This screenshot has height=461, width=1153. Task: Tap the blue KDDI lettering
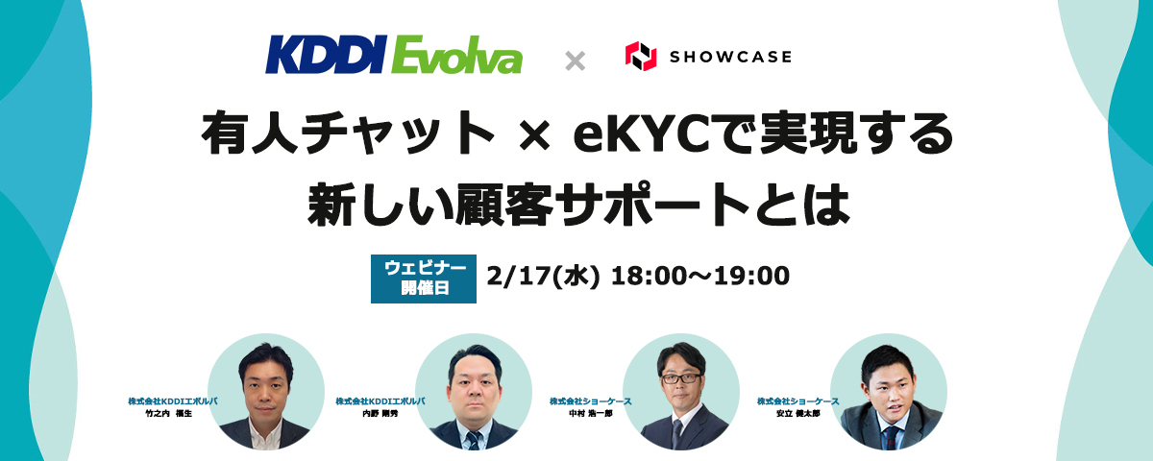point(326,56)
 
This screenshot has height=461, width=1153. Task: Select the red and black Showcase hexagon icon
point(641,57)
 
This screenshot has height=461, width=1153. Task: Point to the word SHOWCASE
point(731,57)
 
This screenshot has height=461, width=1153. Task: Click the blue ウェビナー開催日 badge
point(424,277)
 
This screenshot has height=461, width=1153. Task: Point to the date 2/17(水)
point(544,277)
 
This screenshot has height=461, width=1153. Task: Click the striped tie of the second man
point(472,438)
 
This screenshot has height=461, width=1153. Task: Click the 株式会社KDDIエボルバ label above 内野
point(380,400)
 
